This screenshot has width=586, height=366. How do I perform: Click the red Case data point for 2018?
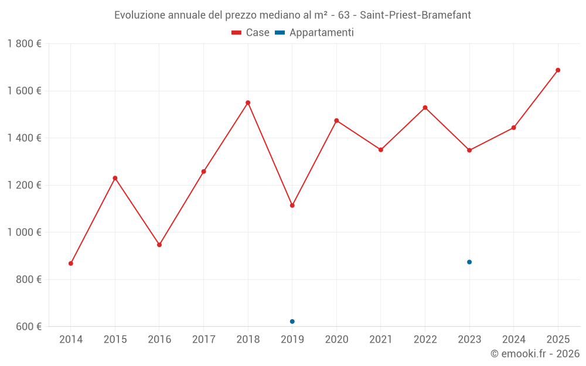248,102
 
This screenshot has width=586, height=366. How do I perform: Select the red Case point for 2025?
558,70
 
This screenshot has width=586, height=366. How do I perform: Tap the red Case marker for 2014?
71,264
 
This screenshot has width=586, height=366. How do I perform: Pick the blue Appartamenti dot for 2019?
292,321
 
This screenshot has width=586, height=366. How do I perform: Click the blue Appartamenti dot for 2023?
469,262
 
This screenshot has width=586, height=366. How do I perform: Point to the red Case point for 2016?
159,245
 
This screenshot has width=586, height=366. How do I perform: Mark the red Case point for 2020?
336,121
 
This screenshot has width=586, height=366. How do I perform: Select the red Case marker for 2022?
425,108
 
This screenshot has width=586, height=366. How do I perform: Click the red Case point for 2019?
292,206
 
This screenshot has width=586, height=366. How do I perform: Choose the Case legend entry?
251,33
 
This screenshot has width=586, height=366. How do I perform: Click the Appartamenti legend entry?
315,33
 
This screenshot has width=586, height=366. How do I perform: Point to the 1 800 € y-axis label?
24,44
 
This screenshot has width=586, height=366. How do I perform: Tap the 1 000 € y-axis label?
24,232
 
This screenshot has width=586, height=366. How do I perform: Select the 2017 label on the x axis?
203,340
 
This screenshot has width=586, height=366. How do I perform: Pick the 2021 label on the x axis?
381,340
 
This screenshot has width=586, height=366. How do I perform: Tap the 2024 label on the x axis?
513,340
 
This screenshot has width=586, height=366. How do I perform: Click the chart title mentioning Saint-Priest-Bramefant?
292,15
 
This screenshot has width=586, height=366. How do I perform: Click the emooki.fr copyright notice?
534,354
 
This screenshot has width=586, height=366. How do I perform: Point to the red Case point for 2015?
115,178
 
